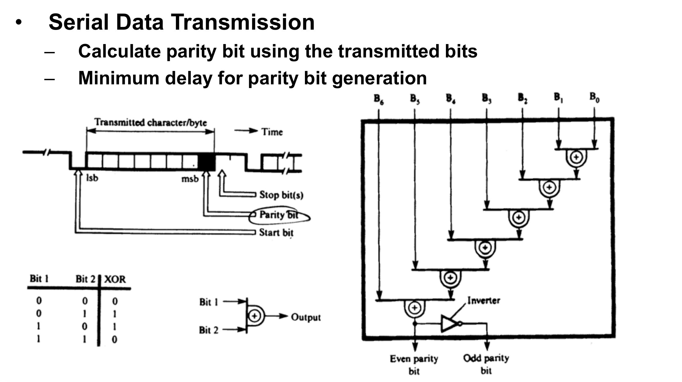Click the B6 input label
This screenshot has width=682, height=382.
click(x=378, y=99)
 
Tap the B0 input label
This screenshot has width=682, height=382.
click(x=595, y=97)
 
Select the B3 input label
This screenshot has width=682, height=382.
click(x=487, y=98)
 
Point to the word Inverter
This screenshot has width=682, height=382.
click(x=484, y=300)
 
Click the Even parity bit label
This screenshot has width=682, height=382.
click(x=414, y=364)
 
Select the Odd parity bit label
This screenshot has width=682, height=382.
click(x=486, y=364)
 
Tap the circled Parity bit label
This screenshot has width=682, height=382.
click(x=279, y=215)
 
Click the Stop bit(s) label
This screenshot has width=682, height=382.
click(x=281, y=195)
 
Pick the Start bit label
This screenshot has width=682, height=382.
click(x=276, y=233)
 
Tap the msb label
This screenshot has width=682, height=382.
click(x=190, y=178)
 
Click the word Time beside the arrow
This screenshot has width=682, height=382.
click(x=272, y=132)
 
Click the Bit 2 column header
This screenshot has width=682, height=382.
click(x=86, y=279)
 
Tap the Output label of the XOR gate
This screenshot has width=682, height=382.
click(x=306, y=317)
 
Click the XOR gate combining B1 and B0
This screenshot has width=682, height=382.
click(x=576, y=157)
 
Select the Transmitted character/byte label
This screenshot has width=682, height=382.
click(x=150, y=122)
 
